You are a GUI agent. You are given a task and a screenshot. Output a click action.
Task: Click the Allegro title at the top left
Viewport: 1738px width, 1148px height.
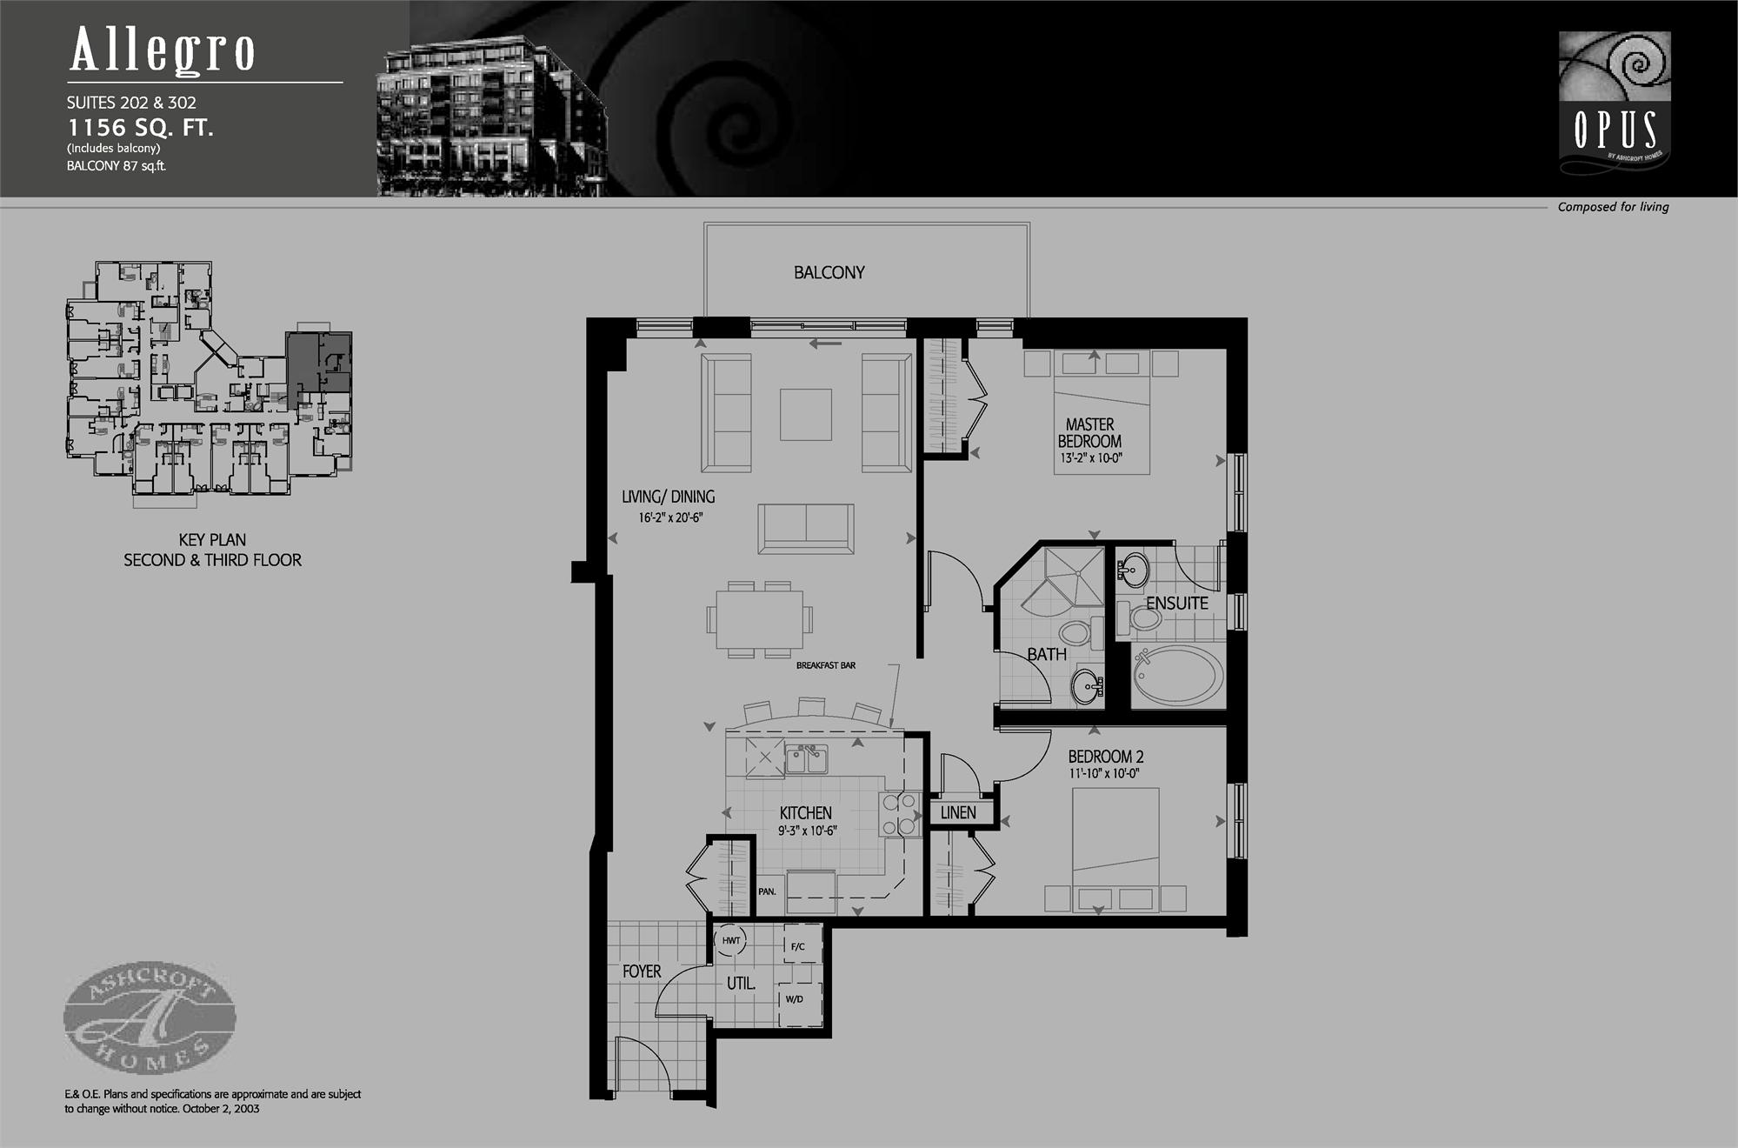click(163, 50)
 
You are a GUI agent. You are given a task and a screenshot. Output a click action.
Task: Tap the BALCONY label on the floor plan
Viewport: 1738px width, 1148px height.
click(829, 273)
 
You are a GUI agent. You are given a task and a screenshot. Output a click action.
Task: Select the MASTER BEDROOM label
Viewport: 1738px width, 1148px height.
click(1089, 433)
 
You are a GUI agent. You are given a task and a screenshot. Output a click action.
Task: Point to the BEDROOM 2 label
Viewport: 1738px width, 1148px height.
click(1100, 757)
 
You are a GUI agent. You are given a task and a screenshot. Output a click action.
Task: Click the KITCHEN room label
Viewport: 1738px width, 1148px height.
click(805, 813)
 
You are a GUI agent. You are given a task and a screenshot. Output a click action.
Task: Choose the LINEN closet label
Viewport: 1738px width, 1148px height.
click(958, 813)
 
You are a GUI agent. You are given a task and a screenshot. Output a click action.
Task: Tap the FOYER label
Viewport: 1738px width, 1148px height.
click(642, 971)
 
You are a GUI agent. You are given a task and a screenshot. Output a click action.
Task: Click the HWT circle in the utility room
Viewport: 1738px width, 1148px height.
click(731, 940)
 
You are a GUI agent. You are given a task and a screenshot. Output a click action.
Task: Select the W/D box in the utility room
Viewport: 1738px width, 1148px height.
click(795, 999)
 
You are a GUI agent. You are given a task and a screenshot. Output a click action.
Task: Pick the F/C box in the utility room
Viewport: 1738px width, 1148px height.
click(797, 946)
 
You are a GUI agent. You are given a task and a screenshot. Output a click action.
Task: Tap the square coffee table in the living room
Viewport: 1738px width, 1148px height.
click(805, 415)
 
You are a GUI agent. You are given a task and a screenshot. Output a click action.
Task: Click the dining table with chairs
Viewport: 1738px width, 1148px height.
click(759, 619)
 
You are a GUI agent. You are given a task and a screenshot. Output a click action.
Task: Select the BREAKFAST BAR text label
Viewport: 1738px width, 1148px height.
click(826, 665)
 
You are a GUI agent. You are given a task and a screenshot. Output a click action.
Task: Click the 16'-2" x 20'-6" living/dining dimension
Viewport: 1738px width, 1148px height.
click(670, 517)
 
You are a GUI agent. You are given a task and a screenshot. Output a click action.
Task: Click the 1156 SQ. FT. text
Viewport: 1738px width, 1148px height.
click(141, 128)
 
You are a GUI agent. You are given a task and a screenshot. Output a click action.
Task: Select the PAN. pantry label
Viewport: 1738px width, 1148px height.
click(767, 891)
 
